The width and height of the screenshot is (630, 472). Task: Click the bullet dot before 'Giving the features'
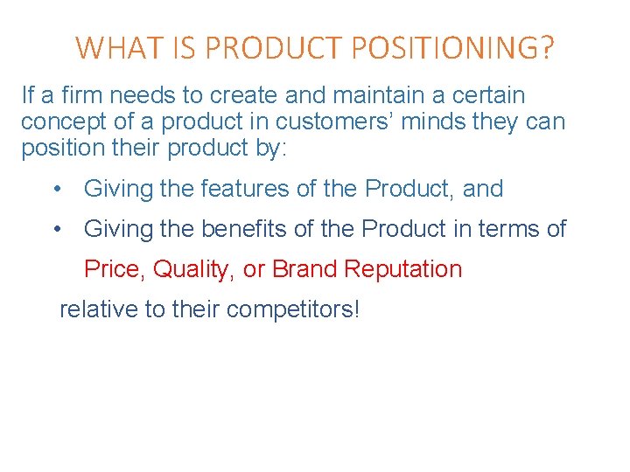57,189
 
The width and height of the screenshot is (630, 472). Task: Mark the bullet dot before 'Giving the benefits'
57,229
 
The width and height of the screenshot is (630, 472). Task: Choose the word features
247,188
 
